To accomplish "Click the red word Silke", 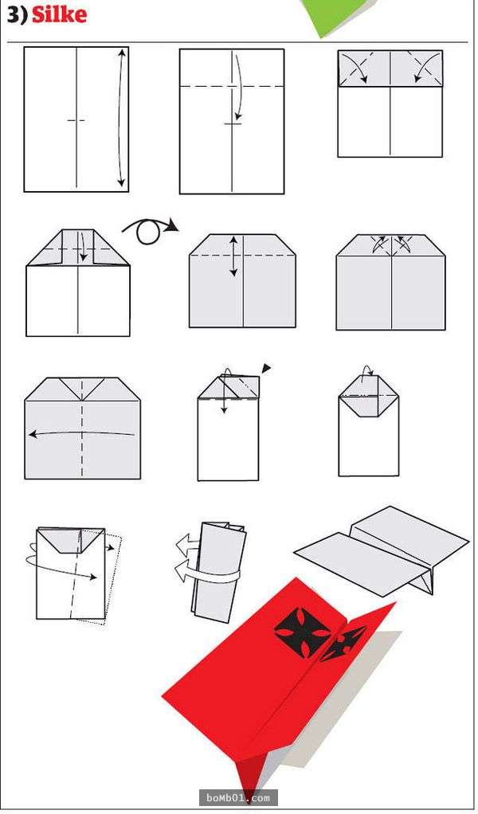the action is tap(59, 14).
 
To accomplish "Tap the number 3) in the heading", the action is tap(17, 15).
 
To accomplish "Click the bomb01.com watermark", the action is tap(238, 797).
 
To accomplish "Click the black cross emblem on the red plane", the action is tap(302, 630).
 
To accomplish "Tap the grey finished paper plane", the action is tap(382, 550).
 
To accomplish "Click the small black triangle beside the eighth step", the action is tap(266, 368).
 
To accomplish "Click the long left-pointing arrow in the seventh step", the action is tap(81, 433).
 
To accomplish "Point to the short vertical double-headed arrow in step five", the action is tap(233, 256).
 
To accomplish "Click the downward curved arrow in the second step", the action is tap(238, 86).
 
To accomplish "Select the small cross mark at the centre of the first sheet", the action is tap(76, 120).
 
